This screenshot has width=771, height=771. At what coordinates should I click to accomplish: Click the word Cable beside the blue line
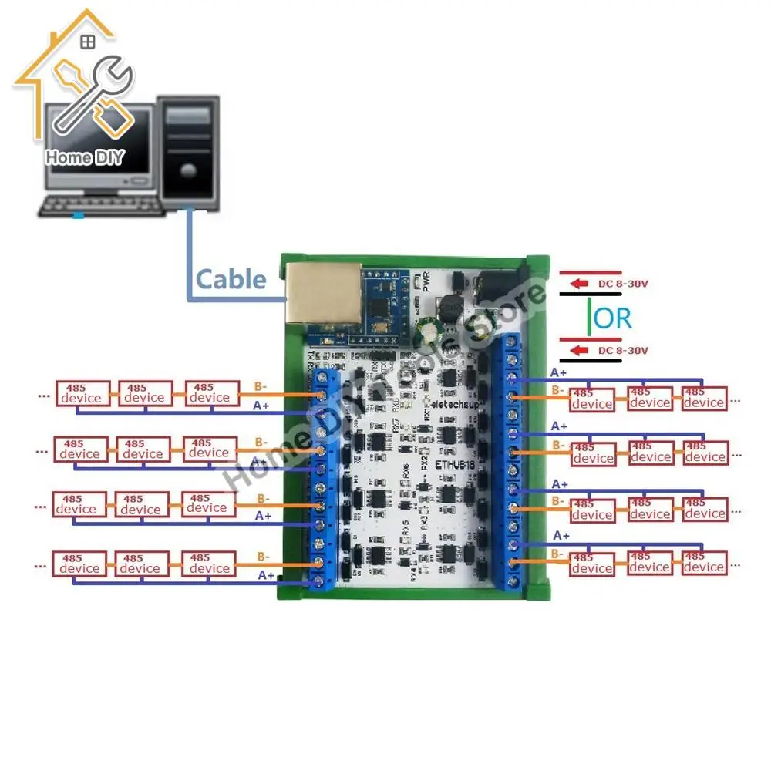coord(231,278)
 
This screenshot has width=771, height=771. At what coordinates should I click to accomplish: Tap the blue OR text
coord(614,318)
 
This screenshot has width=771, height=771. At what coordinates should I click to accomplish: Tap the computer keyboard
coord(104,204)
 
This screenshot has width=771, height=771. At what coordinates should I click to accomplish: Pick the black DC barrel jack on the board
coord(497,287)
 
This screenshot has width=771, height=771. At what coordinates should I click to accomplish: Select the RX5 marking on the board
coord(405,530)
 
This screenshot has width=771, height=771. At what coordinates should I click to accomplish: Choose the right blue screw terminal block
coord(511,463)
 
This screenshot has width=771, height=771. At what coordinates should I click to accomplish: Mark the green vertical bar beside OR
coord(591,318)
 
